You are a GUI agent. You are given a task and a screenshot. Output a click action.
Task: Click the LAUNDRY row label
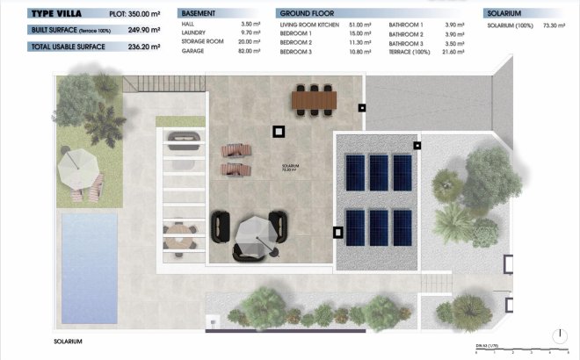tap(195, 32)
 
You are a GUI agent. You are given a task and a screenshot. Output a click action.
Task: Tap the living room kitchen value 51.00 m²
tap(360, 24)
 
